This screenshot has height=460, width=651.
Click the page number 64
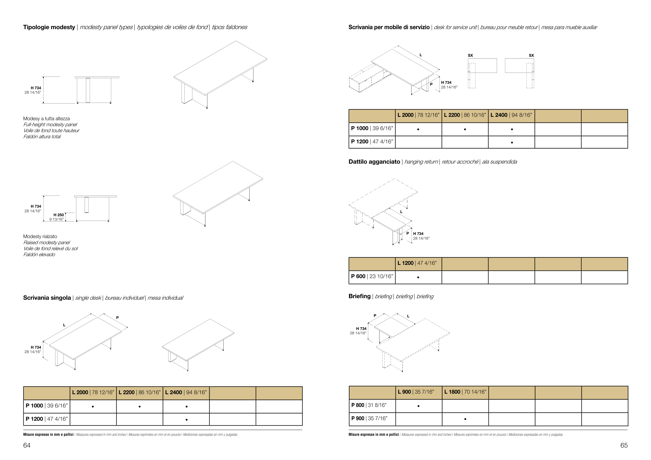tap(27, 445)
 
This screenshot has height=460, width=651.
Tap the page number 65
tap(624, 445)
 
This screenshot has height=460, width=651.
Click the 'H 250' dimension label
tap(59, 215)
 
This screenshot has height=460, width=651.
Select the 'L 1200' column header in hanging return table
tap(417, 263)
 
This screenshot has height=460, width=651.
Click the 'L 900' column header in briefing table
tap(416, 392)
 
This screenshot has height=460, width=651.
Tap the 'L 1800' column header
tap(465, 392)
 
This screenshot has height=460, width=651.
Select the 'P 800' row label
tap(369, 405)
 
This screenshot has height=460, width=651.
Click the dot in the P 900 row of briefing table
tap(465, 419)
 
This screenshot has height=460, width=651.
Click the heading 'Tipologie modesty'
tap(49, 27)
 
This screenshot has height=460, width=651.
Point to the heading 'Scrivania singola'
tap(47, 298)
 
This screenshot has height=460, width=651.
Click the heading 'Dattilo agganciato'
tap(374, 162)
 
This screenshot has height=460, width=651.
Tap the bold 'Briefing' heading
tap(360, 296)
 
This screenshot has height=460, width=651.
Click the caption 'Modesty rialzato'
tap(40, 237)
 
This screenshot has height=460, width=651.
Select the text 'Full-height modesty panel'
tap(50, 125)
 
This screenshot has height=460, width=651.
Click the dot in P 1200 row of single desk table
tap(186, 419)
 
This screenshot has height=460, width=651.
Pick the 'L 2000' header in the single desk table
tap(93, 393)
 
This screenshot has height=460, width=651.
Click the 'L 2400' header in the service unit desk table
tap(511, 115)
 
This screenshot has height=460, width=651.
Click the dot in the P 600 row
tap(418, 277)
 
